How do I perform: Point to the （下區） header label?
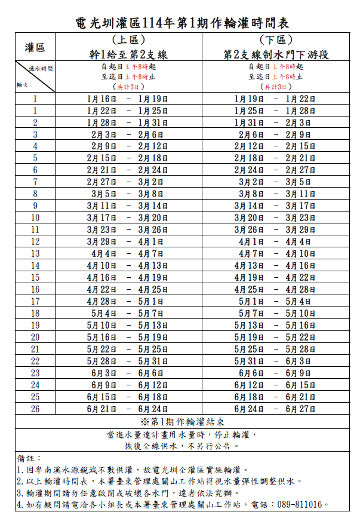coord(276,40)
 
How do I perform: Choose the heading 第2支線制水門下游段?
coord(276,54)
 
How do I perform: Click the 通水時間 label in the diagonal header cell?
coord(41,69)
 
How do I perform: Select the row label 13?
coord(35,254)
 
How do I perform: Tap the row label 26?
coord(35,409)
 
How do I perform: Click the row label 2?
coord(35,122)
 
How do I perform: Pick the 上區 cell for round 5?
coord(128,158)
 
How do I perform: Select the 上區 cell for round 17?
coord(128,302)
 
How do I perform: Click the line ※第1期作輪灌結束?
coord(180,422)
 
